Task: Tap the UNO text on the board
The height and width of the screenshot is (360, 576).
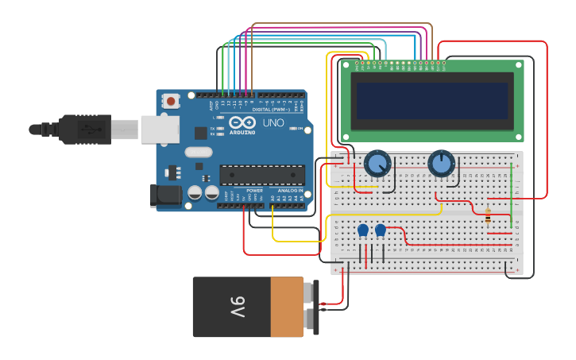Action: [x=273, y=123]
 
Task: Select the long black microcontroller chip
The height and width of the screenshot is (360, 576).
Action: [x=262, y=174]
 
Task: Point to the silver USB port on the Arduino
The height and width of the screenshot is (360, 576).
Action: [x=160, y=129]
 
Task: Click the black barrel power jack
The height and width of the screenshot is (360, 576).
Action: [x=162, y=195]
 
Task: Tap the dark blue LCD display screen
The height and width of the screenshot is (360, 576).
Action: [x=432, y=100]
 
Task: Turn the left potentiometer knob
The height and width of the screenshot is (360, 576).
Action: [x=377, y=165]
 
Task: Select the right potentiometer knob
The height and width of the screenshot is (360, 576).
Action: [x=441, y=164]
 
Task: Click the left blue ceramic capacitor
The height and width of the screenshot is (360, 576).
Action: [x=363, y=230]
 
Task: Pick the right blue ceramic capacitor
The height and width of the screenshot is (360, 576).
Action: [x=381, y=230]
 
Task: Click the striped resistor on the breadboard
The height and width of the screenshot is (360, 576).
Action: [x=487, y=215]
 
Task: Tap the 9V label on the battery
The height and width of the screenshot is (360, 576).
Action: [x=238, y=306]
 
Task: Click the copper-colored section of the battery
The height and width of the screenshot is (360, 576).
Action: [x=287, y=307]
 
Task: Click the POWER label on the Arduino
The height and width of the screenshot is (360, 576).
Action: [x=255, y=191]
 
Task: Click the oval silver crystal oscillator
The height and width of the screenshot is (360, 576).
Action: [x=198, y=152]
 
